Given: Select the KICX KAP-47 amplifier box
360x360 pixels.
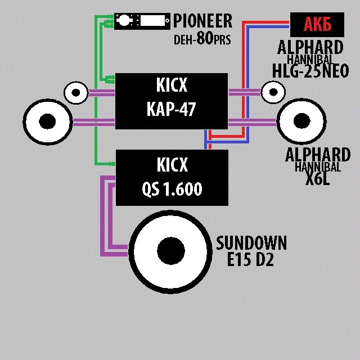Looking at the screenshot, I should (171, 101).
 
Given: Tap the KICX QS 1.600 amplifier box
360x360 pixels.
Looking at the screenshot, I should (171, 177).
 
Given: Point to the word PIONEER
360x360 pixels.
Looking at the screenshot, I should (202, 21).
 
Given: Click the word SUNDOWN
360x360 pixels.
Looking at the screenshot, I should (251, 244).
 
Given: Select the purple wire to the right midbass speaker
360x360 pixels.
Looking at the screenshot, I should (253, 121).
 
